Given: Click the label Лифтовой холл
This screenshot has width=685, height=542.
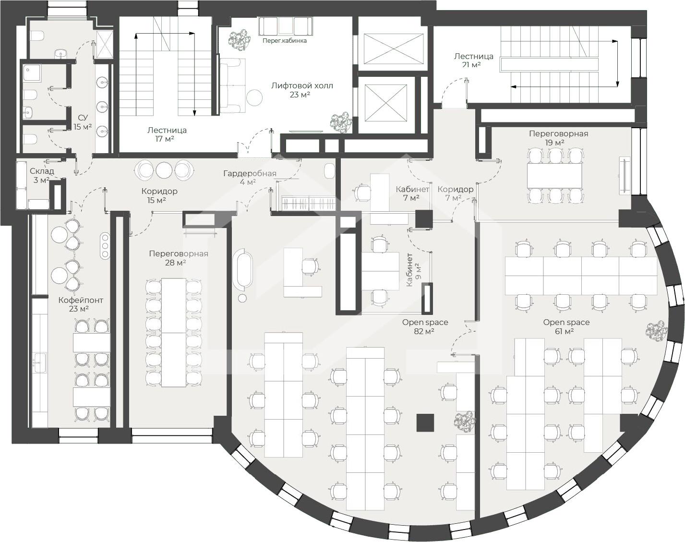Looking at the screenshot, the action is pyautogui.click(x=302, y=85).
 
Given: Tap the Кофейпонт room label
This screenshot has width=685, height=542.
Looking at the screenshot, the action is pyautogui.click(x=81, y=300).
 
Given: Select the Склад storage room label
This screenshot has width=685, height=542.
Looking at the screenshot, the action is pyautogui.click(x=42, y=171).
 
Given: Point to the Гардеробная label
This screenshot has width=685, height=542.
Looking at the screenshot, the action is pyautogui.click(x=250, y=174).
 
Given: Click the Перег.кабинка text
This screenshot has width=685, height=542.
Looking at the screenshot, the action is pyautogui.click(x=285, y=41).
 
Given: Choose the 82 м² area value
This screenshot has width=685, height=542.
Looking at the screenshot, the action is pyautogui.click(x=424, y=332).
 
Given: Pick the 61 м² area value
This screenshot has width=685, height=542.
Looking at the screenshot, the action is pyautogui.click(x=565, y=332).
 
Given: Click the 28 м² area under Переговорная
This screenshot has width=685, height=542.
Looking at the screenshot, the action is pyautogui.click(x=175, y=263).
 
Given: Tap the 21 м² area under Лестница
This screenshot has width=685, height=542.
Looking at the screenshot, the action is pyautogui.click(x=471, y=65).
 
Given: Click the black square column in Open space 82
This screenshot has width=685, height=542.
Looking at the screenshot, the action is pyautogui.click(x=425, y=422).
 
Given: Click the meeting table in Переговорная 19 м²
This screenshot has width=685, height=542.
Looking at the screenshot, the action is pyautogui.click(x=554, y=176).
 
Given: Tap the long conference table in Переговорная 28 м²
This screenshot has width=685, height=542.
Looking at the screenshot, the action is pyautogui.click(x=174, y=333).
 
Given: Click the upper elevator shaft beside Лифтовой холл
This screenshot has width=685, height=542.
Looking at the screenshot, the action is pyautogui.click(x=394, y=48).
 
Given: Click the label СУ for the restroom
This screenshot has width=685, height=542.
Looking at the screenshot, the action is pyautogui.click(x=83, y=118).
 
